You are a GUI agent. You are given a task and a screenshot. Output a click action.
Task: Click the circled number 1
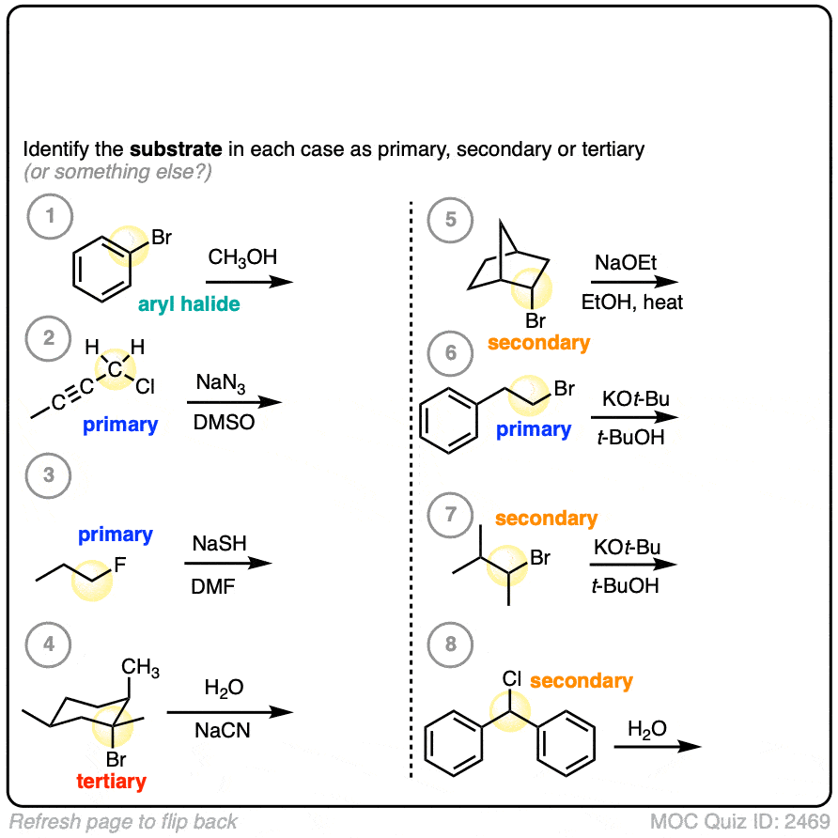50,216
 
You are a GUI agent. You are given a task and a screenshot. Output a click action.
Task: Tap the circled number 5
450,220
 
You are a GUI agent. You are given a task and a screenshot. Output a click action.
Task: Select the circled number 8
450,644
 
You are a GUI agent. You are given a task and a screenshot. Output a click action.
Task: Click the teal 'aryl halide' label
189,304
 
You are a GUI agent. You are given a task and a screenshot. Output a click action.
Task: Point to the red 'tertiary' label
111,782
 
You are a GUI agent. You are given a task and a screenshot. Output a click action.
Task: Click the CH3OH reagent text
242,257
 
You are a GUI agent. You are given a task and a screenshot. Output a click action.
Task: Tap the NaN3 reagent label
221,382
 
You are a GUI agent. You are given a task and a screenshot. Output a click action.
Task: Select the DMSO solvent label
224,422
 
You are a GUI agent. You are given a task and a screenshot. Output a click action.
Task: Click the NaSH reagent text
219,544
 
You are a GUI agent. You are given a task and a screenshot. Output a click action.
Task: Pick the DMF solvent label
212,587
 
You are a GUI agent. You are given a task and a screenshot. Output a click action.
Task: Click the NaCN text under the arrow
223,730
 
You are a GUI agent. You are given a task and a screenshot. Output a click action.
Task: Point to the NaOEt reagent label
626,263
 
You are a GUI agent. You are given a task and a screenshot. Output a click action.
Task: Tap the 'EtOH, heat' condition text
631,303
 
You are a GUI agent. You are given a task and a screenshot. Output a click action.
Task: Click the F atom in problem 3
120,565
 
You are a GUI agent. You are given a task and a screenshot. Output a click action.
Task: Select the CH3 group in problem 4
140,668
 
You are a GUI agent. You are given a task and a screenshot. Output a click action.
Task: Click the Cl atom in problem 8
511,678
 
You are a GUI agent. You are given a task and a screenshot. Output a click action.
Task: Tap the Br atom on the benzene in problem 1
162,238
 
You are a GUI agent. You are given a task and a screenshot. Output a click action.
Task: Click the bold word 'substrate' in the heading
176,149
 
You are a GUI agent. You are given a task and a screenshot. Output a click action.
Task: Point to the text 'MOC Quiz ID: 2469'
739,821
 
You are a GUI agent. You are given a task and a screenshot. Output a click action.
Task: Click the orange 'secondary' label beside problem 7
546,519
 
